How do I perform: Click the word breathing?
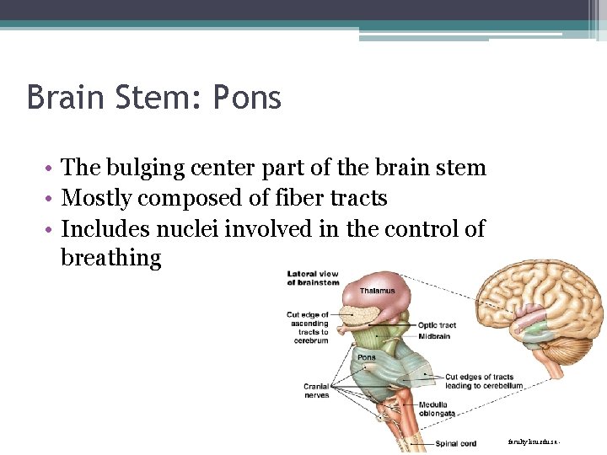pos(110,258)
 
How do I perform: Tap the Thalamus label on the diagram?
pos(377,291)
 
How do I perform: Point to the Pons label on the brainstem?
pos(367,356)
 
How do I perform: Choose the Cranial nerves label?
pos(316,390)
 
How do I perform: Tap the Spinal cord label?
pos(456,443)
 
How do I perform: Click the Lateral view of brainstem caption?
pos(313,277)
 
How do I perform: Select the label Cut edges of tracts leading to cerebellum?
pos(484,381)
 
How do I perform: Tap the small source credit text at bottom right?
pos(534,441)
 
